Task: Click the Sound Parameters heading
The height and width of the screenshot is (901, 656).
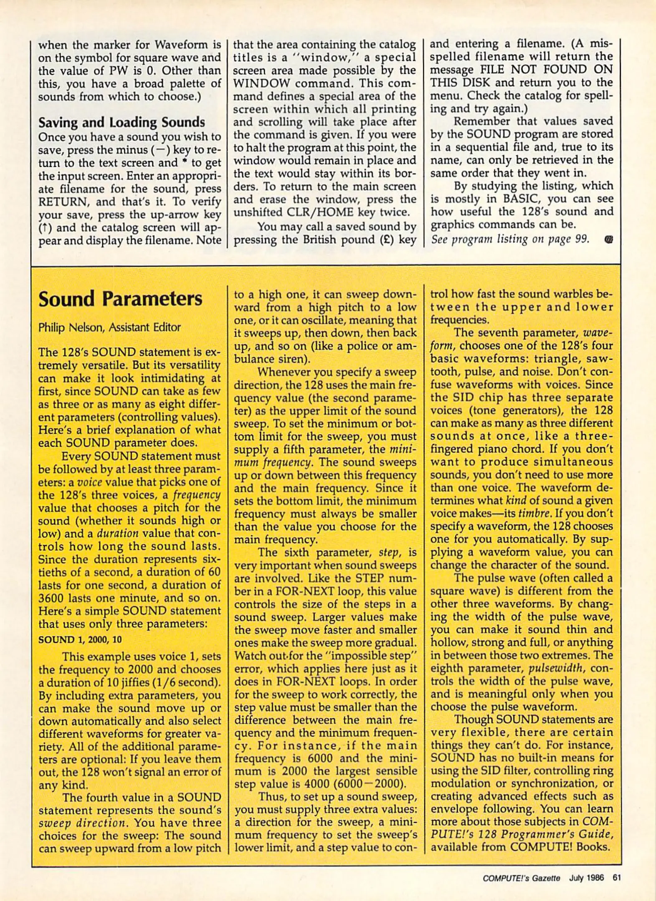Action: click(120, 299)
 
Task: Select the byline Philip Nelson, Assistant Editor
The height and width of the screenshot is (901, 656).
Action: click(109, 327)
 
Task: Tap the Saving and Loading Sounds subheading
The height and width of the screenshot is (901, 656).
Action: click(122, 122)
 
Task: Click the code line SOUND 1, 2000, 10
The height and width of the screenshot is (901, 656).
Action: click(80, 639)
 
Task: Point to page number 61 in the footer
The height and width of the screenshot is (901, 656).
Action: click(617, 878)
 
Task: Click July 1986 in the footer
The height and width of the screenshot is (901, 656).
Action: click(586, 878)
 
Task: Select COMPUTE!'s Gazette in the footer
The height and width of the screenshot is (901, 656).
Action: click(521, 878)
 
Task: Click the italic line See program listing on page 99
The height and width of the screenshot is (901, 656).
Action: click(510, 239)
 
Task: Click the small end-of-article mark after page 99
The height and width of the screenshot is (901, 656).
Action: click(608, 239)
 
